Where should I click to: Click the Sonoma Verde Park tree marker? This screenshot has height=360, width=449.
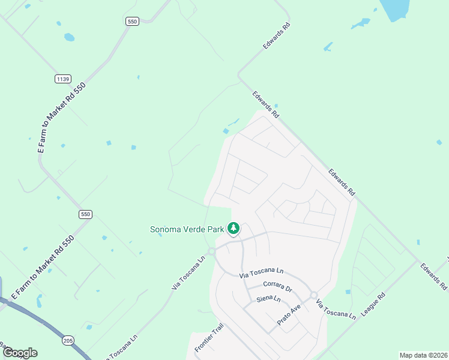coord(234,229)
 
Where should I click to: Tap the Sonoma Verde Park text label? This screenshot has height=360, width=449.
coord(187,229)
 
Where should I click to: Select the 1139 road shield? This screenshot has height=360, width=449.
coord(62,79)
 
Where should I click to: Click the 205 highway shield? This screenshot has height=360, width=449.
coord(67,340)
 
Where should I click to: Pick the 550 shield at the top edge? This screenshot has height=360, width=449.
coord(133,21)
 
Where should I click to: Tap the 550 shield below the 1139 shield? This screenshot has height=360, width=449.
coord(85,214)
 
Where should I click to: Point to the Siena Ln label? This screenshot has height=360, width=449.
coord(268,298)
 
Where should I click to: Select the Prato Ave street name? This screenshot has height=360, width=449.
coord(288,316)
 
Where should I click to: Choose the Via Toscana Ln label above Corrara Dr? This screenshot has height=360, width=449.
coord(261,275)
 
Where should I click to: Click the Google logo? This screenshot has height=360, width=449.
coord(20,353)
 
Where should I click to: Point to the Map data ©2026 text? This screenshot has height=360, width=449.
coord(423,355)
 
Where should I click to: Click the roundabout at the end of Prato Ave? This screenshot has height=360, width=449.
coord(313,295)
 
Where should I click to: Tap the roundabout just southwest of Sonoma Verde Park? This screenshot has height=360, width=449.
coord(211,251)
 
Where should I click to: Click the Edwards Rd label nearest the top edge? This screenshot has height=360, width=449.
coord(276,37)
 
